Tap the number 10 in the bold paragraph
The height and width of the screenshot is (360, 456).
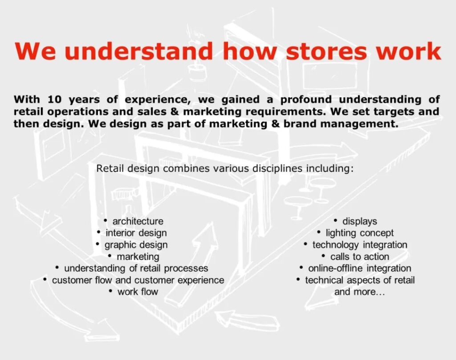click(x=55, y=99)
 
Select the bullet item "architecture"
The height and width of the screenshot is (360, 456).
click(x=138, y=221)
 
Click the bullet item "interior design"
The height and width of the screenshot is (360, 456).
click(x=136, y=233)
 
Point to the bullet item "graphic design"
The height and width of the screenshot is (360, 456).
click(x=136, y=245)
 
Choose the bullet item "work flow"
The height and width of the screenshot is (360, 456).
click(x=138, y=291)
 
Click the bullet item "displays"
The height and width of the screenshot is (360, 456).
click(x=360, y=221)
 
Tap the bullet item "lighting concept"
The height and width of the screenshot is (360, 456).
click(x=359, y=233)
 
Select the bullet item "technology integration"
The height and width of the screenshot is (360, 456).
click(x=360, y=245)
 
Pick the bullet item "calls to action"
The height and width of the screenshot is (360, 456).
click(x=360, y=256)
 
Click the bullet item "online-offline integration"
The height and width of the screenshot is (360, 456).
click(x=360, y=268)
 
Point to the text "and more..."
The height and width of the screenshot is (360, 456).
click(x=360, y=291)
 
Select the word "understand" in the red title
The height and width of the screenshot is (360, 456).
click(x=140, y=52)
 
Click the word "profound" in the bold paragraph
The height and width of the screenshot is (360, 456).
click(x=306, y=100)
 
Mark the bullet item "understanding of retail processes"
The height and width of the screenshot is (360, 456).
click(x=136, y=268)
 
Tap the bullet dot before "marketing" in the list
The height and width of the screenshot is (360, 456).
click(x=110, y=256)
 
